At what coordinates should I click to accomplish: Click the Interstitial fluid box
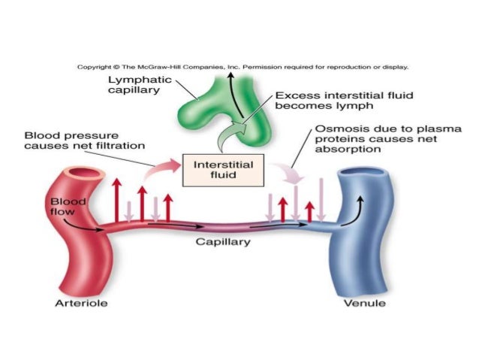[213, 168]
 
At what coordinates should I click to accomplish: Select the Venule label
[365, 304]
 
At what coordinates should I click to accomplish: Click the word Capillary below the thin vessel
[223, 242]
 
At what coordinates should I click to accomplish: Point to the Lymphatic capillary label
[140, 86]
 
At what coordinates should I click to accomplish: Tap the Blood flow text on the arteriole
[69, 206]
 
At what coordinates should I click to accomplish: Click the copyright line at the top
[243, 67]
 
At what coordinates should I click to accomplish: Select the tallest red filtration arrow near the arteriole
[116, 199]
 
